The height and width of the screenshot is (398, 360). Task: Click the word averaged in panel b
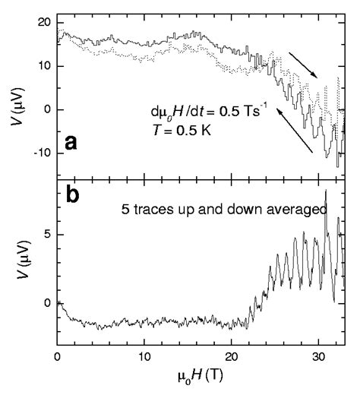pyautogui.click(x=305, y=208)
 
